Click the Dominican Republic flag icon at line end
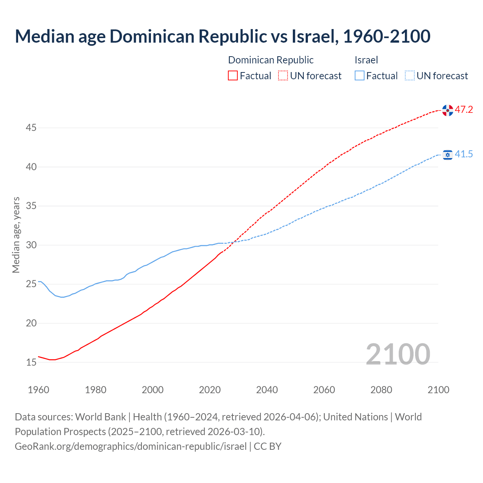pyautogui.click(x=448, y=110)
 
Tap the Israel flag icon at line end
pyautogui.click(x=448, y=155)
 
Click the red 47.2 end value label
pyautogui.click(x=464, y=110)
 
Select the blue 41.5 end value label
pyautogui.click(x=464, y=154)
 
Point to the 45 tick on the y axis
pyautogui.click(x=31, y=128)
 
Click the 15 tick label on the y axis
pyautogui.click(x=31, y=362)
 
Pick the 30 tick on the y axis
pyautogui.click(x=31, y=245)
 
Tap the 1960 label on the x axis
pyautogui.click(x=38, y=390)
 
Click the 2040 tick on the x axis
pyautogui.click(x=267, y=390)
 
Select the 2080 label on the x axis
pyautogui.click(x=381, y=390)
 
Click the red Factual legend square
pyautogui.click(x=233, y=76)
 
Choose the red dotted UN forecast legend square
pyautogui.click(x=283, y=76)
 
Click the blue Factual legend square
pyautogui.click(x=360, y=76)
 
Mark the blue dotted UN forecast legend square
pyautogui.click(x=410, y=76)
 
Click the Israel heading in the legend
pyautogui.click(x=366, y=60)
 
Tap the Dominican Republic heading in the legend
pyautogui.click(x=271, y=60)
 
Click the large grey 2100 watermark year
pyautogui.click(x=398, y=354)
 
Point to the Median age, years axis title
pyautogui.click(x=16, y=235)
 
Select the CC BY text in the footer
pyautogui.click(x=268, y=446)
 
